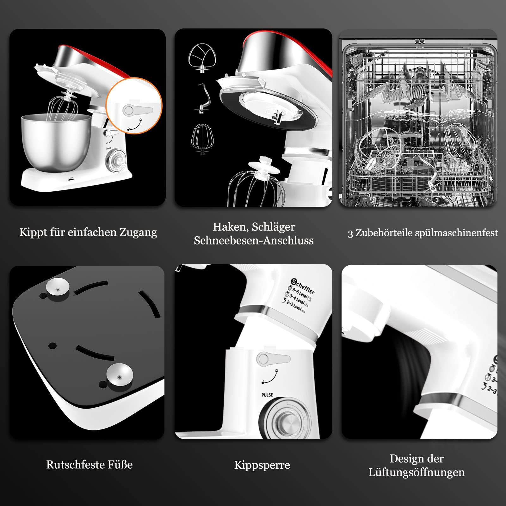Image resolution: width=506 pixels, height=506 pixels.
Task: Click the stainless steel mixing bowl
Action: (56, 142)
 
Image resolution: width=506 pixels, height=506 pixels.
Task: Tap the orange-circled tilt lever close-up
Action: (134, 106)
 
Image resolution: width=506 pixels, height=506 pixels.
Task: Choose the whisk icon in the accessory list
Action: (202, 139)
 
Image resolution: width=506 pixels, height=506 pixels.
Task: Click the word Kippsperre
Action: (262, 465)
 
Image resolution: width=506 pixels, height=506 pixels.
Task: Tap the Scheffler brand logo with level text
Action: (299, 295)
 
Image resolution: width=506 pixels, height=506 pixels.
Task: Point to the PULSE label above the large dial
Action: (267, 395)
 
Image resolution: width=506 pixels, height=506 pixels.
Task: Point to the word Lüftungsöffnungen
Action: (417, 472)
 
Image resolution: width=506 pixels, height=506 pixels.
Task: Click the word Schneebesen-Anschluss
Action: (254, 241)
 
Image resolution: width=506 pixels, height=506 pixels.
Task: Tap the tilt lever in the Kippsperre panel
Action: (273, 358)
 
